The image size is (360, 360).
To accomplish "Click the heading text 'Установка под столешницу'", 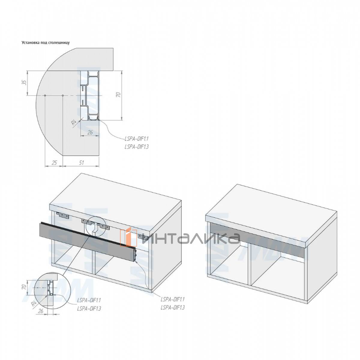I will coord(46,43).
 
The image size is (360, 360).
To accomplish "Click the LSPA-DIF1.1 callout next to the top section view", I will coord(136,139).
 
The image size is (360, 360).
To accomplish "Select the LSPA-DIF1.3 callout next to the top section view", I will coord(136,147).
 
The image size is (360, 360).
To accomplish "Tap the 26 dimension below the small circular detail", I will coord(41,311).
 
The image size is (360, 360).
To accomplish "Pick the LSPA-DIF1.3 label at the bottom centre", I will coord(173,307).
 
